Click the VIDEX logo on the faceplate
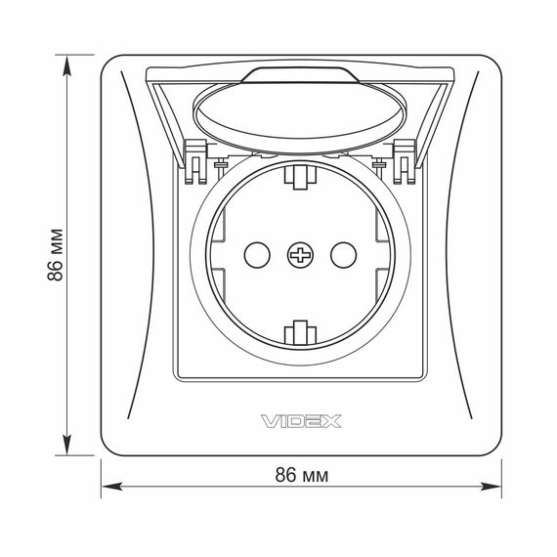[301, 421]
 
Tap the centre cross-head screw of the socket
[301, 255]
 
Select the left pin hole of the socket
[257, 255]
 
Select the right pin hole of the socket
[344, 255]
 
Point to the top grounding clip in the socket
[301, 177]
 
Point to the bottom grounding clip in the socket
[301, 332]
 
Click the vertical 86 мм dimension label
[56, 255]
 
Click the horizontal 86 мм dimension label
[302, 475]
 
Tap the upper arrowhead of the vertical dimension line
[66, 66]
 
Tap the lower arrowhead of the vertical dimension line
[66, 444]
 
